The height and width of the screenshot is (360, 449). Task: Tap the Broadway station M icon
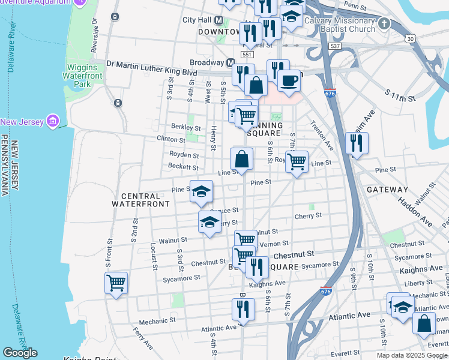[x=231, y=62]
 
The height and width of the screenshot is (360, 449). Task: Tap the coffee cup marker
[x=289, y=81]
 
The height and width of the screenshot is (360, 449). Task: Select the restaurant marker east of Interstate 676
[x=357, y=143]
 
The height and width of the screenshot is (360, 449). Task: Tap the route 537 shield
[x=335, y=46]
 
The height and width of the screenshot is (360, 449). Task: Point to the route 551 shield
[x=247, y=55]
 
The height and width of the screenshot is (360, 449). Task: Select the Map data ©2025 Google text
[x=411, y=355]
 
